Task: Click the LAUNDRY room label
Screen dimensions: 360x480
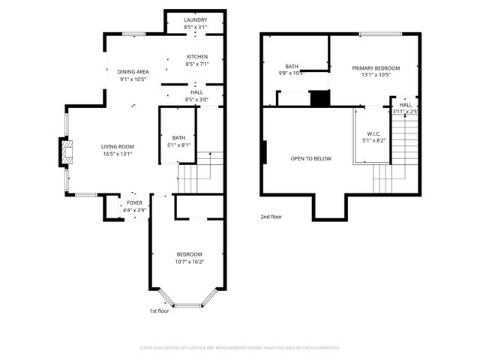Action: click(x=195, y=20)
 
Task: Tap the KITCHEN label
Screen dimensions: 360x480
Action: click(x=197, y=57)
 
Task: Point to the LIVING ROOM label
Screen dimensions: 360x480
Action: click(x=118, y=146)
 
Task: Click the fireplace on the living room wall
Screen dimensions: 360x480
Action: click(x=67, y=152)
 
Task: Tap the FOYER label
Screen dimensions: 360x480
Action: click(x=134, y=202)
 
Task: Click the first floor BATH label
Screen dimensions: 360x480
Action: click(x=178, y=138)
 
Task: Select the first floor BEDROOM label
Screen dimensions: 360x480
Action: click(x=189, y=254)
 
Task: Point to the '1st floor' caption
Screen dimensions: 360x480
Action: click(x=158, y=310)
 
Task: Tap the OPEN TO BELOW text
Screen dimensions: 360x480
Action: click(x=310, y=159)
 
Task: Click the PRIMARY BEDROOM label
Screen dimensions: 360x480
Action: click(x=376, y=68)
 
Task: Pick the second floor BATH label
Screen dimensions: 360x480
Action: click(x=291, y=66)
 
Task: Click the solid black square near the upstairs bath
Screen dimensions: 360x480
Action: click(x=320, y=98)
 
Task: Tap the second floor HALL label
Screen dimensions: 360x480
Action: click(x=405, y=105)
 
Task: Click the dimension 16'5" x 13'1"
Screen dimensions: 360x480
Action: click(x=118, y=154)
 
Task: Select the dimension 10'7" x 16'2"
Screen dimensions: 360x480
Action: click(x=189, y=262)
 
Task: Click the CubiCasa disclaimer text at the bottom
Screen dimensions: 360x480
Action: click(x=240, y=347)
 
